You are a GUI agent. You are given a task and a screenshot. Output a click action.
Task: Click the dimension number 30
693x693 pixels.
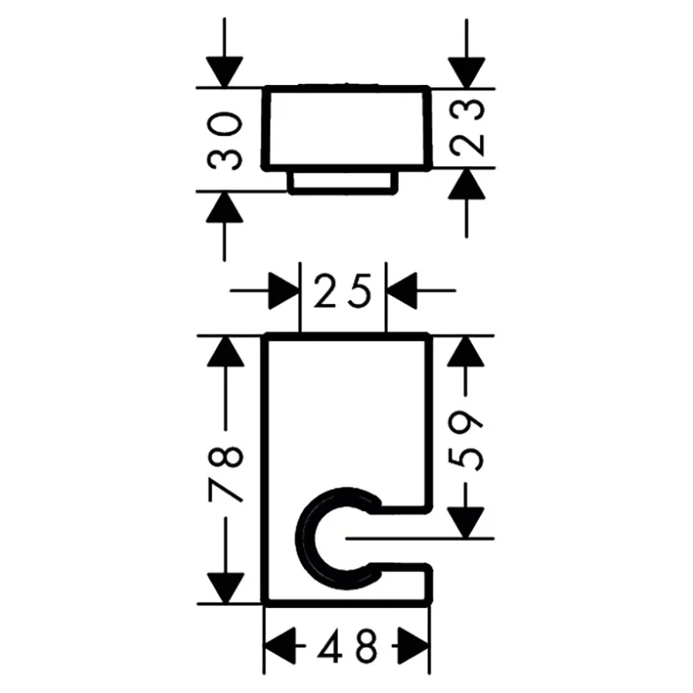pyautogui.click(x=225, y=141)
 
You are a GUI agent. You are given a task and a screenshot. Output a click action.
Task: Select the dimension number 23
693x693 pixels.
pyautogui.click(x=467, y=127)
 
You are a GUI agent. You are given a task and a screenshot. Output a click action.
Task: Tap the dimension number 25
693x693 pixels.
pyautogui.click(x=343, y=291)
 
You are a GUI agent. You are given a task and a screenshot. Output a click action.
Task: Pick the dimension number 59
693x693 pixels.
pyautogui.click(x=466, y=440)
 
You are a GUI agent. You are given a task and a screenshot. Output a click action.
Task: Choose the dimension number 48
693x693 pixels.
pyautogui.click(x=348, y=645)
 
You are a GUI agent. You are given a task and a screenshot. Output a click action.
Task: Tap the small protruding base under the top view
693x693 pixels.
pyautogui.click(x=343, y=182)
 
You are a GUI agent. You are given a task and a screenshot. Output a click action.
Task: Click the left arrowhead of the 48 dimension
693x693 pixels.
pyautogui.click(x=279, y=645)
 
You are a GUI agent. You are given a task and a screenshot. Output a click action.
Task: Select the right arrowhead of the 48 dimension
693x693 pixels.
pyautogui.click(x=414, y=645)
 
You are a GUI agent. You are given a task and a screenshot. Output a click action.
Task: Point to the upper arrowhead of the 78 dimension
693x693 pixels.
pyautogui.click(x=225, y=352)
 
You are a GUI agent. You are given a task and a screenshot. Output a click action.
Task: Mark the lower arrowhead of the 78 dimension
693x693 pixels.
pyautogui.click(x=225, y=588)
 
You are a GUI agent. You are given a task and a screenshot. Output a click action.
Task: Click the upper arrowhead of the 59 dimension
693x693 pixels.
pyautogui.click(x=466, y=352)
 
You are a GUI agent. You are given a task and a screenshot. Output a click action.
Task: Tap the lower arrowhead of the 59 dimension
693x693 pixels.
pyautogui.click(x=466, y=523)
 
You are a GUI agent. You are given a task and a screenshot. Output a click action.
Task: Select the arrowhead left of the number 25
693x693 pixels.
pyautogui.click(x=285, y=291)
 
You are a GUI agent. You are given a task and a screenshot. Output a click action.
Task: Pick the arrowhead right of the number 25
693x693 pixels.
pyautogui.click(x=401, y=291)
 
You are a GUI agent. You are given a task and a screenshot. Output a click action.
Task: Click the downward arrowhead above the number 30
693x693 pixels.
pyautogui.click(x=225, y=72)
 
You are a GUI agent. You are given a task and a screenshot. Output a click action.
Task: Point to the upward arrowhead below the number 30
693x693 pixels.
pyautogui.click(x=225, y=207)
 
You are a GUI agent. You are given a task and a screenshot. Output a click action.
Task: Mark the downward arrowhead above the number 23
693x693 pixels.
pyautogui.click(x=467, y=72)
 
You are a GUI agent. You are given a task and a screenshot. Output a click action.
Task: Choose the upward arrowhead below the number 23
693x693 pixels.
pyautogui.click(x=467, y=184)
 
